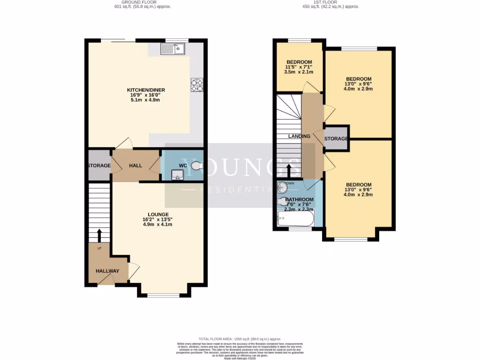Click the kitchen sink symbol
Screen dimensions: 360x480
tap(173, 48)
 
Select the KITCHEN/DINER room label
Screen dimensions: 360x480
tap(146, 90)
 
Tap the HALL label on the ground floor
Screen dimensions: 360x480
tap(135, 165)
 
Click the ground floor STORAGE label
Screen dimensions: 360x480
tap(99, 165)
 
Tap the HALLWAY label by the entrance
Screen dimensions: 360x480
tap(107, 271)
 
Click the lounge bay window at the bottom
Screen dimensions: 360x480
tap(163, 295)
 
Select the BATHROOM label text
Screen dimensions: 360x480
tap(299, 200)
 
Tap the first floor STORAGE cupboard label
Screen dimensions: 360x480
tap(336, 139)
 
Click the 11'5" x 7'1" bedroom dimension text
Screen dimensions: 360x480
tap(299, 67)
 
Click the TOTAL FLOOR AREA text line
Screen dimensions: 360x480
tap(240, 339)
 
